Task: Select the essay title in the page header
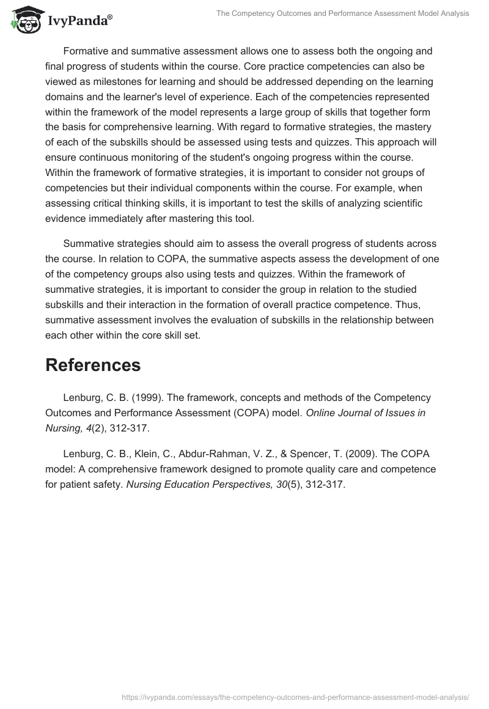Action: [343, 13]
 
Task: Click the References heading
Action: [93, 365]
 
